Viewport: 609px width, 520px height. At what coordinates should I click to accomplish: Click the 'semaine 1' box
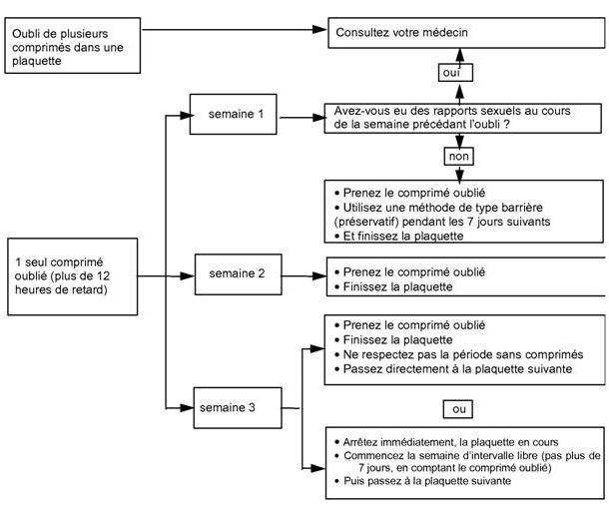[x=233, y=114]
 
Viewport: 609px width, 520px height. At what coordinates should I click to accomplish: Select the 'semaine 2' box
[x=238, y=274]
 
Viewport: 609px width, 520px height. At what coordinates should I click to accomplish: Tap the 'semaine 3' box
[x=238, y=408]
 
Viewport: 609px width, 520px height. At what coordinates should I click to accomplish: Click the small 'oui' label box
[x=455, y=73]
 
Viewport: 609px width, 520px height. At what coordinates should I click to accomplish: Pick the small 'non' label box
[x=458, y=157]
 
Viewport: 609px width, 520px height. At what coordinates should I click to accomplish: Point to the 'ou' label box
[x=458, y=409]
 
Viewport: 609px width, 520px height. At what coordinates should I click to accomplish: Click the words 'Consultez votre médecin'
[x=401, y=32]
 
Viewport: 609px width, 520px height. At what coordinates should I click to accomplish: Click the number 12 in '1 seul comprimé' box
[x=103, y=276]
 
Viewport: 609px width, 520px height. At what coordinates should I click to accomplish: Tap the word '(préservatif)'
[x=366, y=222]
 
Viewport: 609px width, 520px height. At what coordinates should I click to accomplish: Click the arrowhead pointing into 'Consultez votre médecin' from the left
[x=319, y=29]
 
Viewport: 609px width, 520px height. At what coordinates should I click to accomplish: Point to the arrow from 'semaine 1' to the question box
[x=303, y=118]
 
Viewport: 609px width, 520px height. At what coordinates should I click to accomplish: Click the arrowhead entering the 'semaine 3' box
[x=187, y=408]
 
